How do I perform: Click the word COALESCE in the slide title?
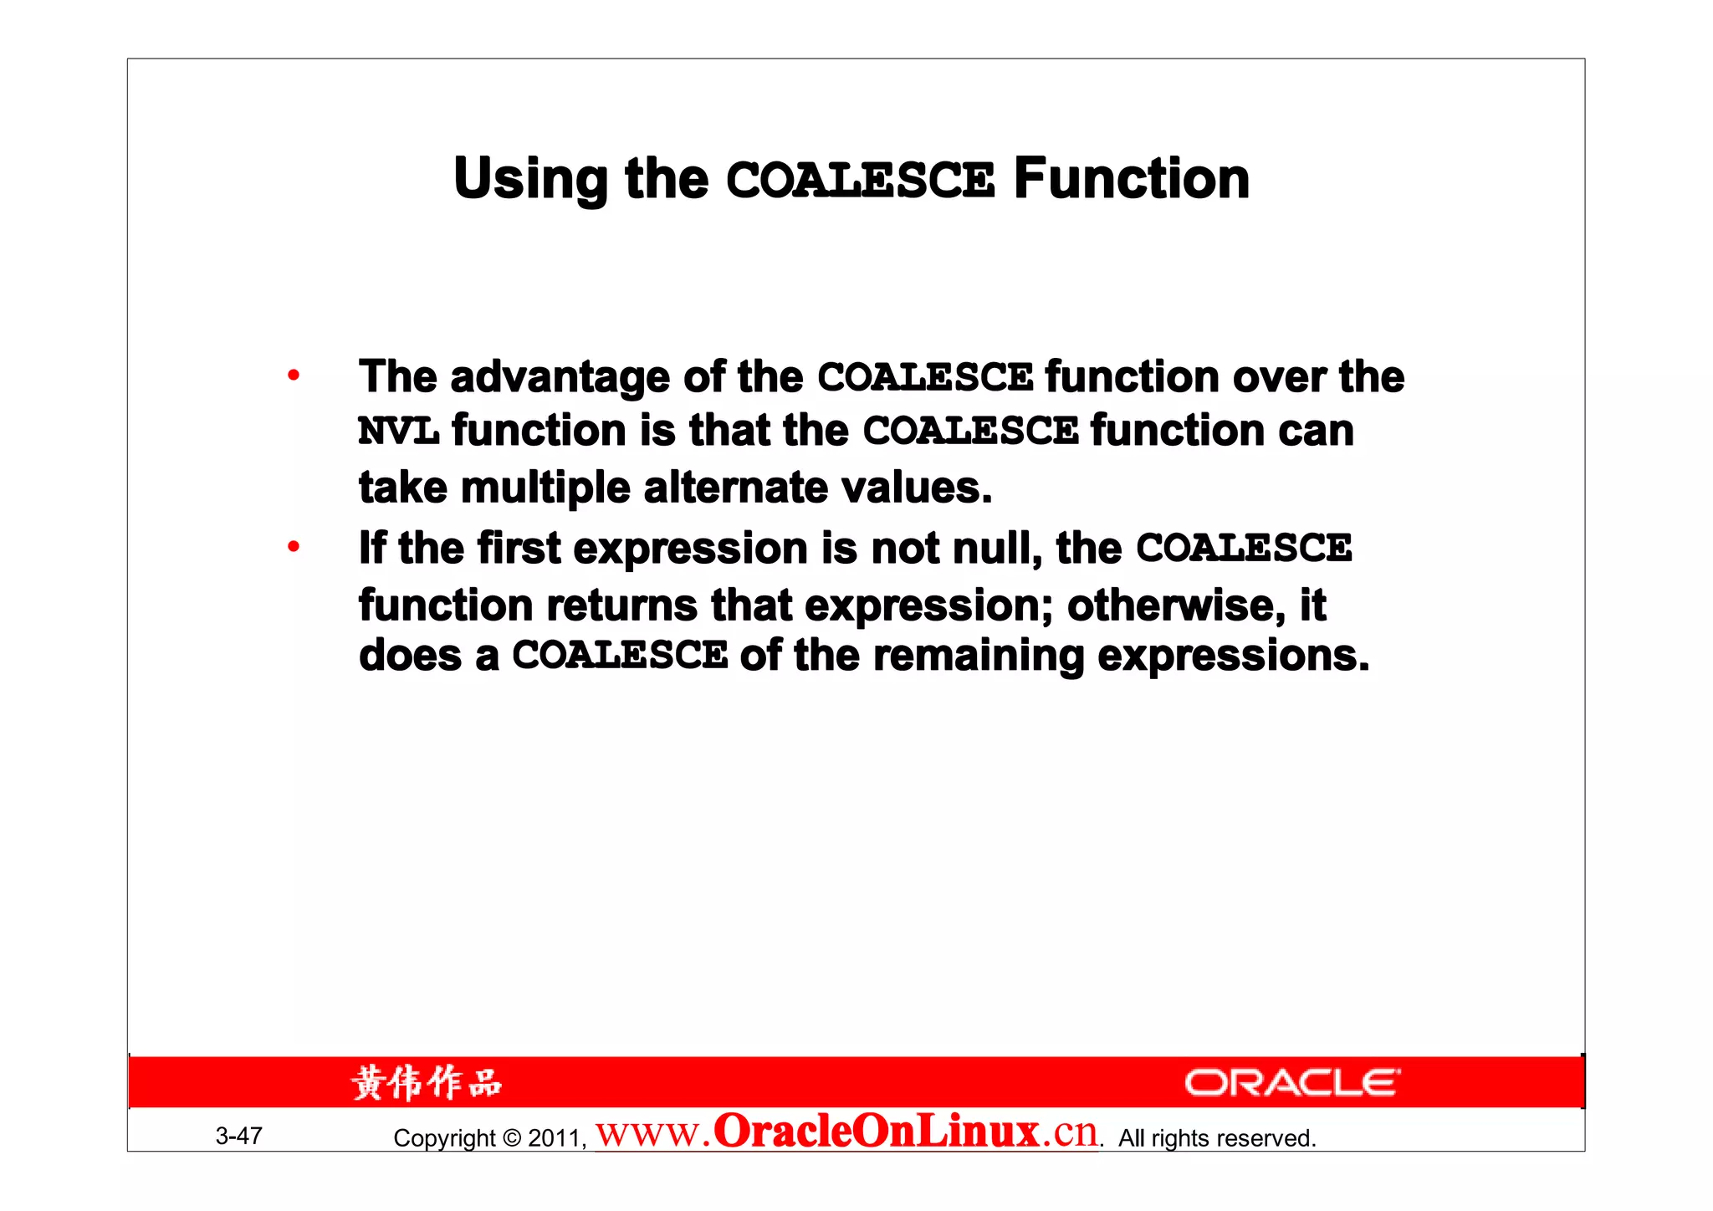coord(860,180)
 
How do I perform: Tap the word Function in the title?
coord(1131,179)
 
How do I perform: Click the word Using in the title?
coord(530,181)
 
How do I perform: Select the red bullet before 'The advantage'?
coord(293,376)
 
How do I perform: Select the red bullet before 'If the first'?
coord(293,548)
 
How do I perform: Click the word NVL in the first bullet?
coord(398,432)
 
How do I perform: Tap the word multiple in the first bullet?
coord(545,488)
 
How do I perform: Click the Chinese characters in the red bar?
coord(426,1083)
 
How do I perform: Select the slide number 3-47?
coord(239,1136)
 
